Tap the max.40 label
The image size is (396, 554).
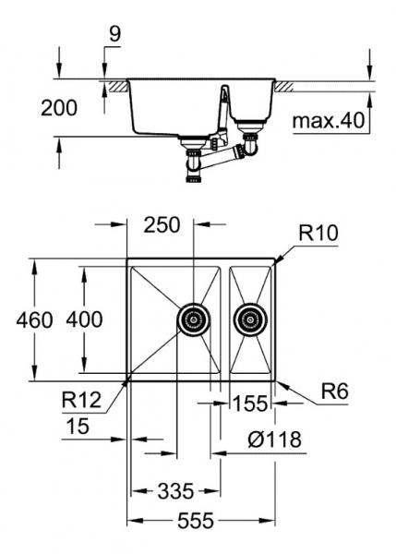pyautogui.click(x=330, y=120)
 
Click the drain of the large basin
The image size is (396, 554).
pyautogui.click(x=192, y=319)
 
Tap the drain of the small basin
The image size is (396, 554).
pyautogui.click(x=248, y=319)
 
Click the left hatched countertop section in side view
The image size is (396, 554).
pyautogui.click(x=116, y=86)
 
